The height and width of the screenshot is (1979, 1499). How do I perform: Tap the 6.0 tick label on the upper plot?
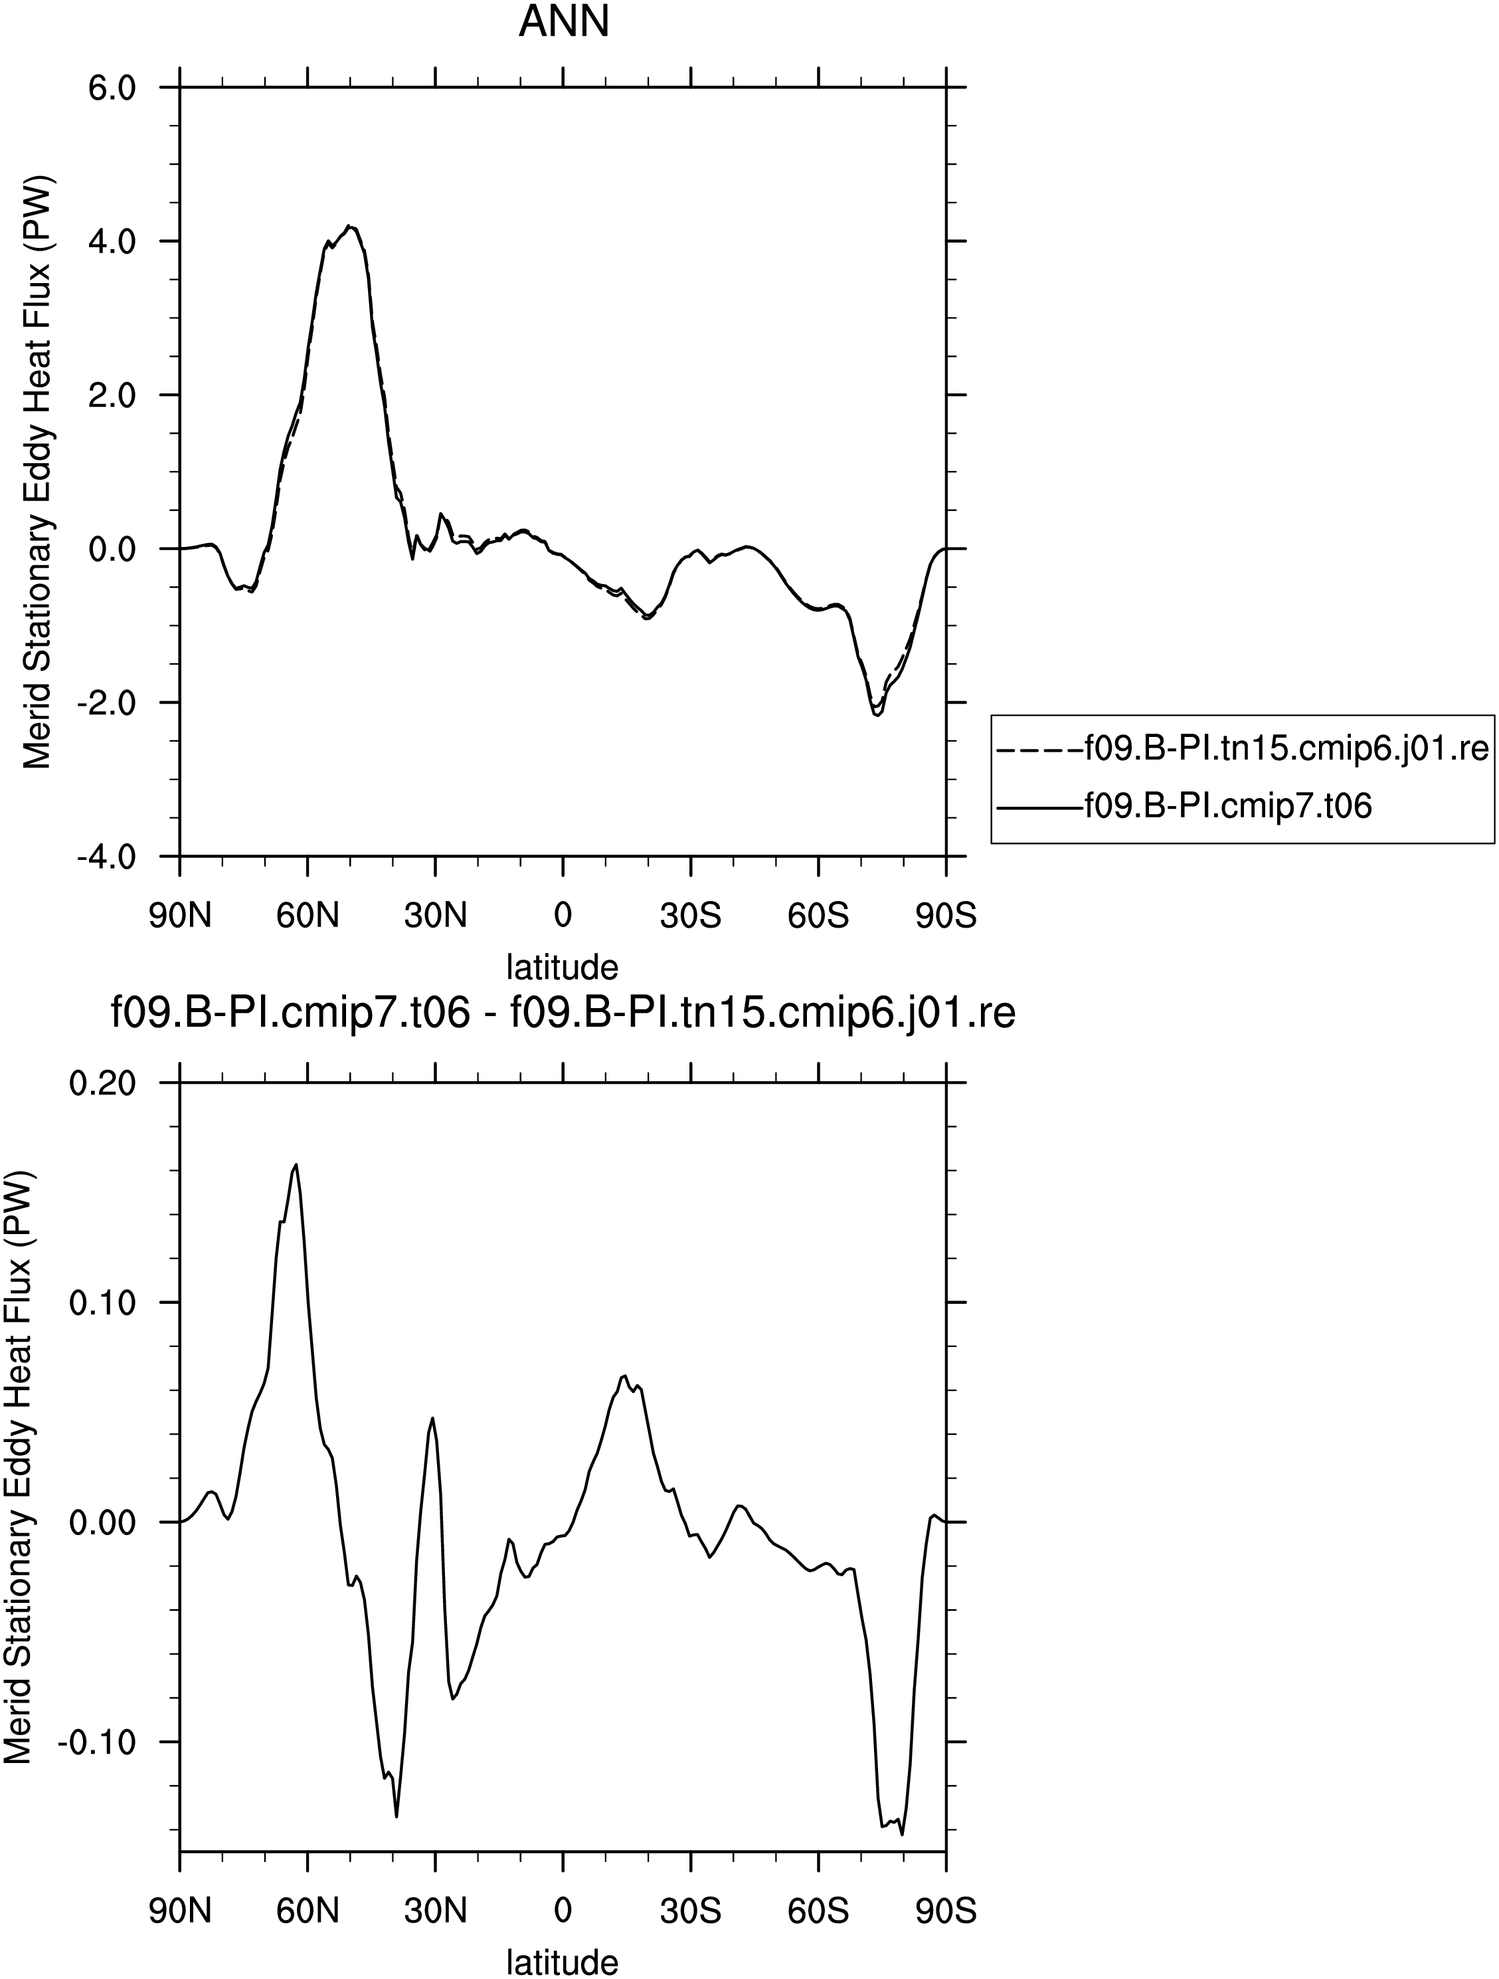click(x=109, y=88)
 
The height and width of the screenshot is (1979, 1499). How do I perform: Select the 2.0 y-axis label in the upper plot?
click(x=109, y=395)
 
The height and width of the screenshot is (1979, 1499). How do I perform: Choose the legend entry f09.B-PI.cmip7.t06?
click(x=1228, y=806)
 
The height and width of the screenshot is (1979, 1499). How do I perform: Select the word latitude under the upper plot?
click(x=563, y=967)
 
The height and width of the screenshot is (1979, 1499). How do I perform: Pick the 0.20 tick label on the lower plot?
click(x=104, y=1083)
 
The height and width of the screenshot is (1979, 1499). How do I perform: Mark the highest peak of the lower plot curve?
click(x=296, y=1164)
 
